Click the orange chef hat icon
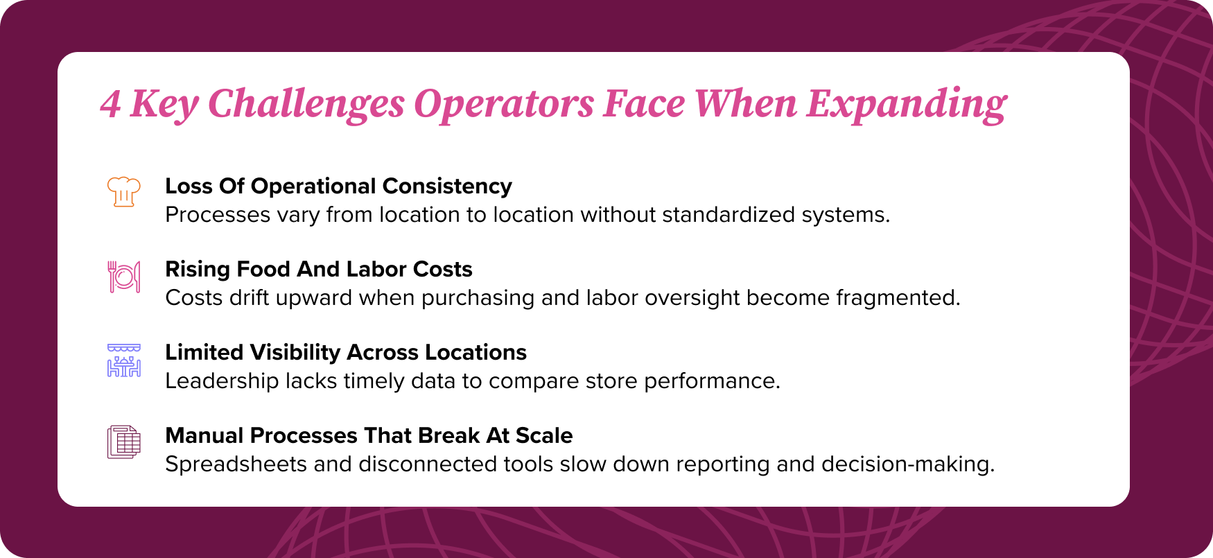tap(124, 191)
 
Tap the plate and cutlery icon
tap(124, 277)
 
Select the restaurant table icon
tap(124, 360)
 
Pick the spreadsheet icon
tap(124, 442)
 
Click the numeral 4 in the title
tap(110, 104)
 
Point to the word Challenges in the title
tap(306, 104)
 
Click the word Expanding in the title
tap(906, 104)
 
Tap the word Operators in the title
tap(504, 104)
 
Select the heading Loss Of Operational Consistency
tap(338, 186)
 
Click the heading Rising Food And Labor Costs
tap(318, 269)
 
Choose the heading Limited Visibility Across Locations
tap(346, 352)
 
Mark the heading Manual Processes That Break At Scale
tap(369, 435)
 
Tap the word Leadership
tap(222, 381)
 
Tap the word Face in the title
tap(643, 104)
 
